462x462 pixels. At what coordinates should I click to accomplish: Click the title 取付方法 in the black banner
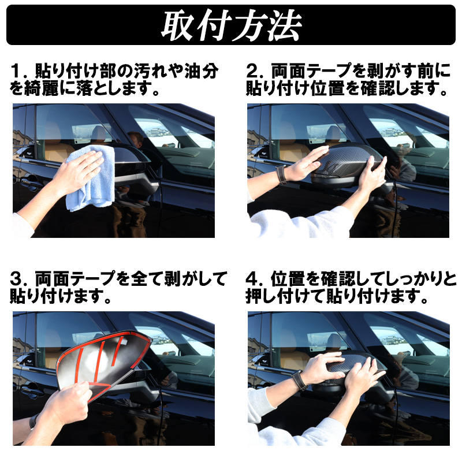point(232,25)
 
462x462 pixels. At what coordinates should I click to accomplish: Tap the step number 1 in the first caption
point(15,71)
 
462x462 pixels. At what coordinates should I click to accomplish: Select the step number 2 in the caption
point(251,71)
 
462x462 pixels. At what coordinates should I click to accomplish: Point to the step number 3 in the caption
point(16,278)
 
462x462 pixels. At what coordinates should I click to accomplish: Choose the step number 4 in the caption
point(251,278)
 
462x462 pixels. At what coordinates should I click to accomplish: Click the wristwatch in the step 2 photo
point(281,174)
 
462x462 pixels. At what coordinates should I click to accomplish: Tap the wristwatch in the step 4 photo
point(298,380)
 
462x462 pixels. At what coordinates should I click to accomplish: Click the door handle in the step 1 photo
point(31,180)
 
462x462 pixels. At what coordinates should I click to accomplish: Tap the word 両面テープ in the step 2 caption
point(311,71)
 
